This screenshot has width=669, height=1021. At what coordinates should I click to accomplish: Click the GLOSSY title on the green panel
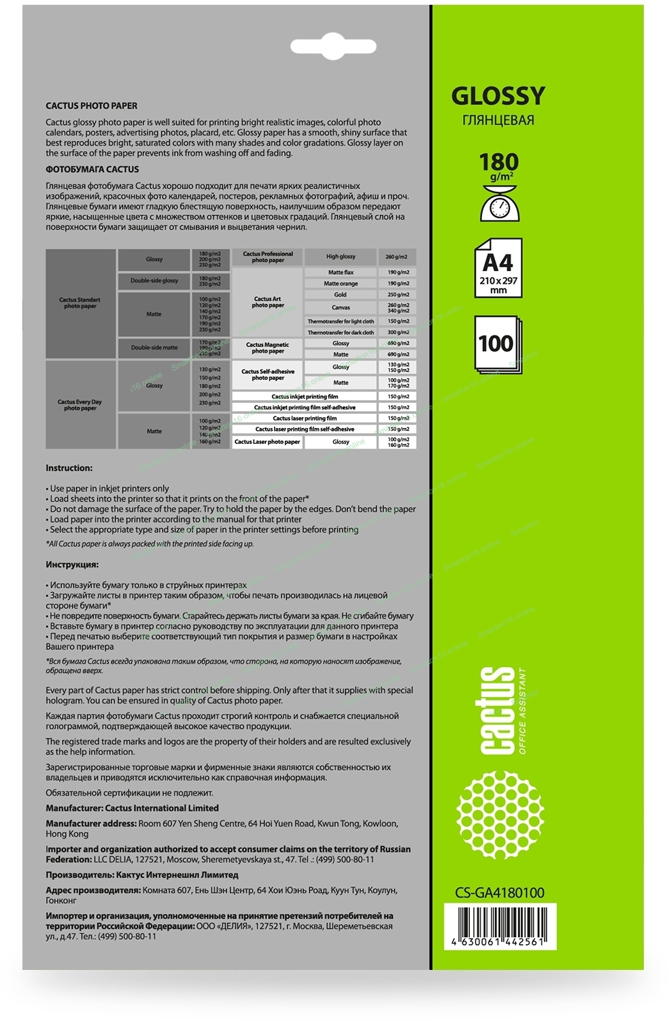[x=498, y=96]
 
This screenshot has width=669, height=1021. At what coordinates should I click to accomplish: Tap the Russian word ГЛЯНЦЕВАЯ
[x=498, y=120]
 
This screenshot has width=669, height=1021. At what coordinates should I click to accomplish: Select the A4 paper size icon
[x=498, y=268]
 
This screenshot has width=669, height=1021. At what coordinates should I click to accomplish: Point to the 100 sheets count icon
[x=497, y=344]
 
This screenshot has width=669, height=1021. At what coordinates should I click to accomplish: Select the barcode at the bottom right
[x=500, y=926]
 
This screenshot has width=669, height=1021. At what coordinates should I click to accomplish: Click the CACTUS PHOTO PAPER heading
[x=91, y=106]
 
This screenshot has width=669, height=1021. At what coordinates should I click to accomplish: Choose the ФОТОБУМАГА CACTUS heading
[x=92, y=169]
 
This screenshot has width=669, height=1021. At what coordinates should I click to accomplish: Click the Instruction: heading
[x=69, y=468]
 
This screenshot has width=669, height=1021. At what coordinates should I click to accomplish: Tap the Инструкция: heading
[x=72, y=565]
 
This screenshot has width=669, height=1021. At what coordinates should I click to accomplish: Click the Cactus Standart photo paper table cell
[x=80, y=303]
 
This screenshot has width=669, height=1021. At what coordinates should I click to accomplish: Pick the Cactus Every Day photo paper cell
[x=80, y=405]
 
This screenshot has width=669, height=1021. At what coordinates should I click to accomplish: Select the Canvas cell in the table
[x=341, y=308]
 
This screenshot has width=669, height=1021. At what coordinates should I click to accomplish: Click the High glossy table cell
[x=341, y=257]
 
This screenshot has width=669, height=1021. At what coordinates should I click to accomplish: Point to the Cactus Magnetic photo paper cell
[x=267, y=348]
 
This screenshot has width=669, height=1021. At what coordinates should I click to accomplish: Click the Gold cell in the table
[x=340, y=295]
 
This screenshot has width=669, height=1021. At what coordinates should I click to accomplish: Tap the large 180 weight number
[x=498, y=162]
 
